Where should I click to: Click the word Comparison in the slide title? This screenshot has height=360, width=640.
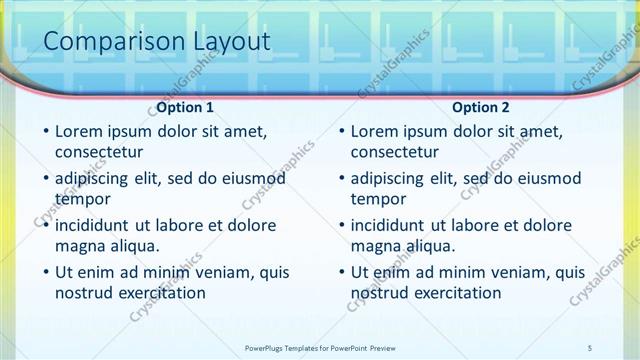click(105, 41)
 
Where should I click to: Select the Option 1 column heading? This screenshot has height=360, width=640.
click(185, 107)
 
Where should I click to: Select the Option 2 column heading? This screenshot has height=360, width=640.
click(480, 107)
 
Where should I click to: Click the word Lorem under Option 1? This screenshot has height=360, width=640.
click(79, 131)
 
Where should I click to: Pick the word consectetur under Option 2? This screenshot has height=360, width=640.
click(394, 153)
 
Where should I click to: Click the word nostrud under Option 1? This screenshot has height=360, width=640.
click(84, 293)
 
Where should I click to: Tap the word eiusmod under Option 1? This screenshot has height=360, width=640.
click(250, 178)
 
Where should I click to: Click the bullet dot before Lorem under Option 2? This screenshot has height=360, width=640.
click(341, 132)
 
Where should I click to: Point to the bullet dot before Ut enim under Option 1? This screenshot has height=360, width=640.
click(46, 272)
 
